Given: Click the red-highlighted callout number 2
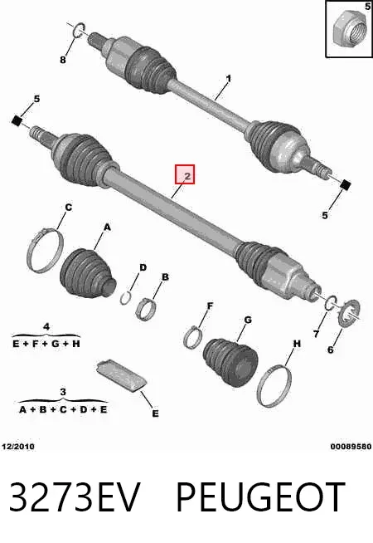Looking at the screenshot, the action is point(186,176).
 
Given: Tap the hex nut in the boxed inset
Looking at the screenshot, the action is point(350,28).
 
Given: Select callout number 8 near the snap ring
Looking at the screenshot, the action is point(62,60).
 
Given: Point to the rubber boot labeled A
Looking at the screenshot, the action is point(87,273).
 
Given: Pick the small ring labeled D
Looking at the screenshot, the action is point(127,298).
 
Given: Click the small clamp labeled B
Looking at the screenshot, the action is point(146,309).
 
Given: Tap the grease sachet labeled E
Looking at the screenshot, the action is point(121,375).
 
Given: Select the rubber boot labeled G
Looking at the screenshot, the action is point(230,362).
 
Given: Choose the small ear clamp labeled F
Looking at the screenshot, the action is point(193,337).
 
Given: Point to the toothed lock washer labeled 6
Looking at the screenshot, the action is point(348,313).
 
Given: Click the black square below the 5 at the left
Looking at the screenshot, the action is point(17,121).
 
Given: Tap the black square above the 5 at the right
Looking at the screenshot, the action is point(345,185).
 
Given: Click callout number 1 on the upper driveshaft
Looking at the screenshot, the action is point(229,79).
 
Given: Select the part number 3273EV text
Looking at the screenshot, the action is point(75,497).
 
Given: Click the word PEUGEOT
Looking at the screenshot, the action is point(261,497).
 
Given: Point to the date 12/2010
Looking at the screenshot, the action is point(18,447).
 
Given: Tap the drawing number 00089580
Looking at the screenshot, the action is point(351,447).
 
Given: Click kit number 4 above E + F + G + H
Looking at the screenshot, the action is point(46,326).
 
